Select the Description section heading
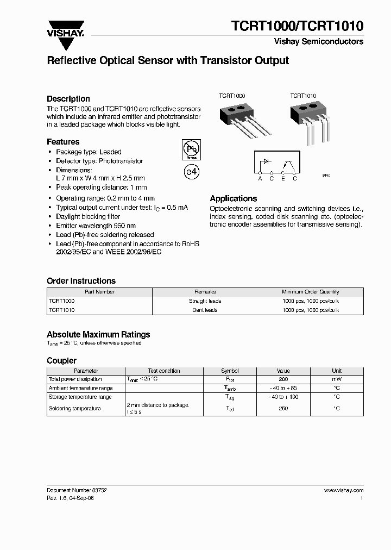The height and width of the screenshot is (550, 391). [x=68, y=99]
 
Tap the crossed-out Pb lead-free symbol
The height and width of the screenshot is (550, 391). [x=191, y=149]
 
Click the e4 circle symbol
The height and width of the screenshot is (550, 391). [x=192, y=172]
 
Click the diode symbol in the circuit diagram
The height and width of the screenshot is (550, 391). [x=267, y=161]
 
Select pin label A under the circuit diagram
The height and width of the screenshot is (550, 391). [x=260, y=178]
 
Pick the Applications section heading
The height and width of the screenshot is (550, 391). [x=234, y=199]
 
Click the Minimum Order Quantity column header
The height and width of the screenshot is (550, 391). [x=311, y=292]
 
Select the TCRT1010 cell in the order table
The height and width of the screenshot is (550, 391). [x=61, y=310]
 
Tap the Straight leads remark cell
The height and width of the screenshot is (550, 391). [x=205, y=301]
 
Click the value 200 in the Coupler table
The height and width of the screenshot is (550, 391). [x=283, y=379]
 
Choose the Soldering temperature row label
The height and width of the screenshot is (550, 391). [x=74, y=408]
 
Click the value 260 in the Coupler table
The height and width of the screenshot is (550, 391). [x=283, y=408]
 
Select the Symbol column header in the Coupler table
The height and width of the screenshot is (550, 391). [x=230, y=371]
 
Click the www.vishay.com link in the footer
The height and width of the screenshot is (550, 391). [x=344, y=490]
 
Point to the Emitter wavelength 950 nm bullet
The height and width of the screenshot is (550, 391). [x=96, y=226]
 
